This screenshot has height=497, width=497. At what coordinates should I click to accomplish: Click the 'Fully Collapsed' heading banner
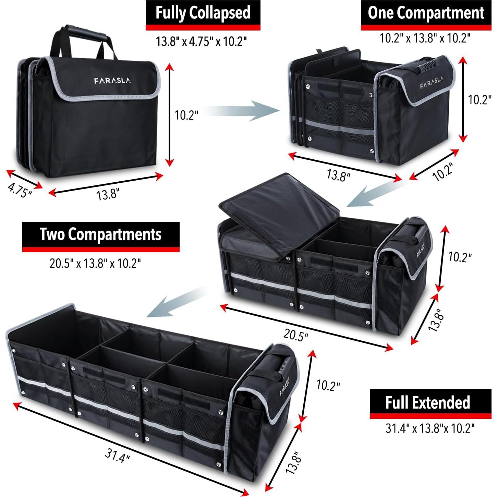203,15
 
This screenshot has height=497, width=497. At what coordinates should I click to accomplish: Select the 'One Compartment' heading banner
426,15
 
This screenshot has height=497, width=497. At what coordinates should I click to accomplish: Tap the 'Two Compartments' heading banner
101,237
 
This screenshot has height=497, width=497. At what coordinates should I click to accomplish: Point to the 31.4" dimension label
117,455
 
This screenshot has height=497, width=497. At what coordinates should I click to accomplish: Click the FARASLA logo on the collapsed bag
112,81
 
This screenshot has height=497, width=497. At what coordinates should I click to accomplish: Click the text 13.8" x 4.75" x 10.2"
202,41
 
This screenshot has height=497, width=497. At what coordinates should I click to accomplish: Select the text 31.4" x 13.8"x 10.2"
430,428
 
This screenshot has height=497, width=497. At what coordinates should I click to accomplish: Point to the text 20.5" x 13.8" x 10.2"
95,263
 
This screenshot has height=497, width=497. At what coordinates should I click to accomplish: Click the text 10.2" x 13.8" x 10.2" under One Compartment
425,38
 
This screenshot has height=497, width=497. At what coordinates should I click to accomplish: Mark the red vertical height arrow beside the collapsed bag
169,115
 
